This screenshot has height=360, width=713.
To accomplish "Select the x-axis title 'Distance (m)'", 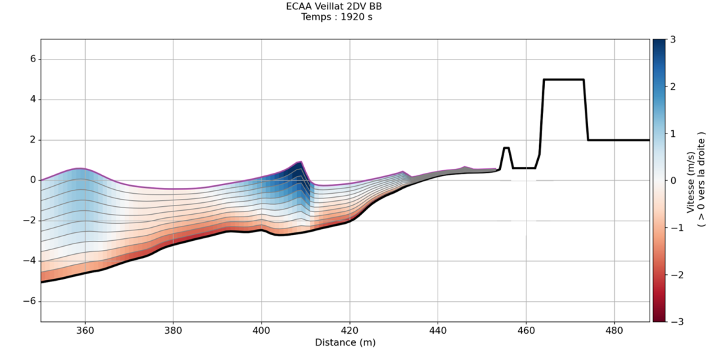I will pos(345,342).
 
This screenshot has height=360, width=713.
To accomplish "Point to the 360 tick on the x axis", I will pos(85,330).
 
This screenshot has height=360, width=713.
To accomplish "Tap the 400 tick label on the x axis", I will pos(262,330).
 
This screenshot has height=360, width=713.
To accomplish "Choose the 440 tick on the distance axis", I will pos(438,330).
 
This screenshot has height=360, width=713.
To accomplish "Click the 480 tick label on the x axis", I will pos(615,330).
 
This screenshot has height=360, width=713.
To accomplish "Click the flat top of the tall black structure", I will pos(563,79).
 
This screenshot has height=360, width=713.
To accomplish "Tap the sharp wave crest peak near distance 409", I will pos(300,161).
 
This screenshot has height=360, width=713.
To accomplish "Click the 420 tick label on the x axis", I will pos(350,330).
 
